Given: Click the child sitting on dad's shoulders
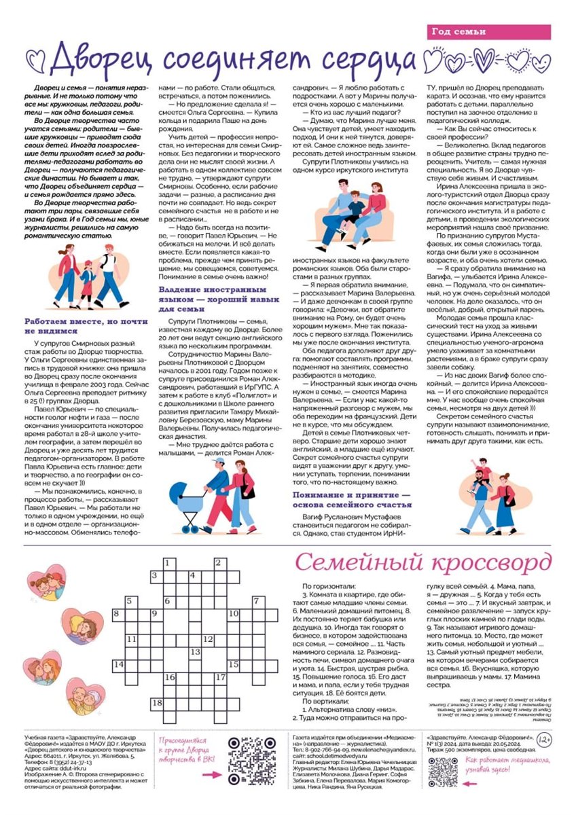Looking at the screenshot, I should click(x=484, y=472).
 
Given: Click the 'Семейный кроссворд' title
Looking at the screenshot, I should click(x=423, y=563).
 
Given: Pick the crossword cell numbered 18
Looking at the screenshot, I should click(x=157, y=703).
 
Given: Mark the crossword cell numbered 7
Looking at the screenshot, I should click(x=256, y=601).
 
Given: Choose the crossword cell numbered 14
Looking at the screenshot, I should click(x=118, y=664).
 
